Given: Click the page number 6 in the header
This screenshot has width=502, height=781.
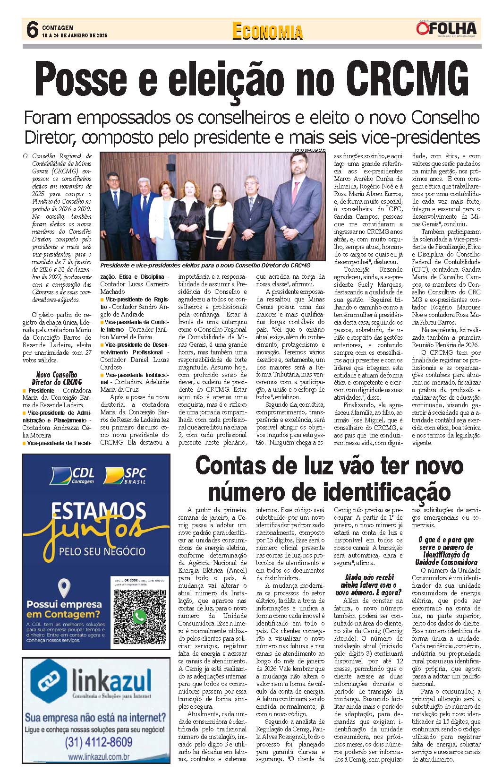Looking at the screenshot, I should tap(32, 30).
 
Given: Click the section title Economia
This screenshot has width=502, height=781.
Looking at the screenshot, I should tap(267, 31).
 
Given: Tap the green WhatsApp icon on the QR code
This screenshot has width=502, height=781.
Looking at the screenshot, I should tap(139, 616).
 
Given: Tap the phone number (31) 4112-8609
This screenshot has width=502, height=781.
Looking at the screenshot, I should tap(98, 742).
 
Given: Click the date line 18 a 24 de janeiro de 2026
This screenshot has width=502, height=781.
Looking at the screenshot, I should tap(75, 35).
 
